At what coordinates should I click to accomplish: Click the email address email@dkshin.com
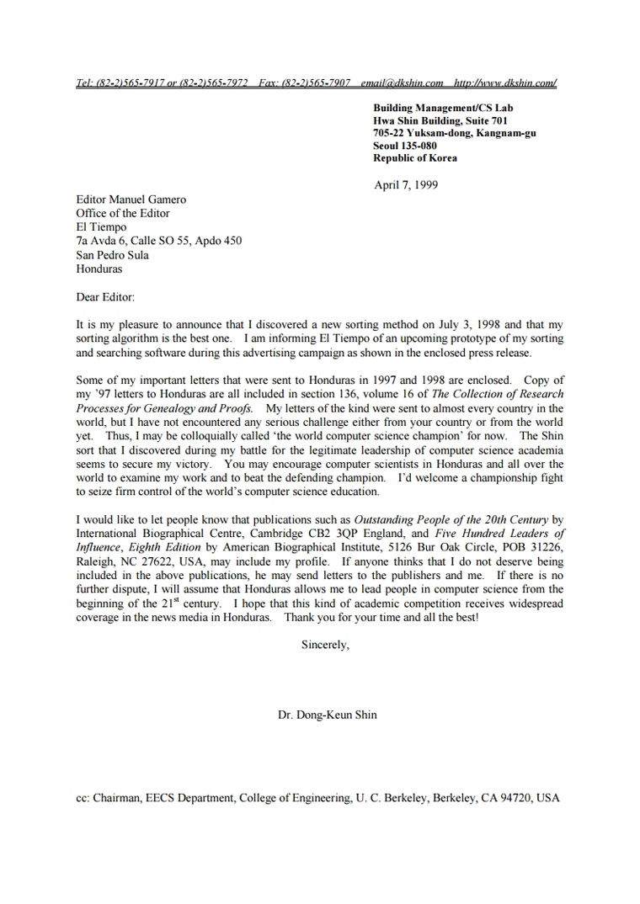pos(402,83)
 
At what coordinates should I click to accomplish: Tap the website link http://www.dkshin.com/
pos(504,83)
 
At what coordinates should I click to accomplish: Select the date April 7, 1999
pos(405,185)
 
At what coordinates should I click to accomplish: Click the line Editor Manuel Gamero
pos(131,199)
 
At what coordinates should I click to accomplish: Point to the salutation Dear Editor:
pos(104,297)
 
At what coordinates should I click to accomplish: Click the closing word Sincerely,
pos(324,646)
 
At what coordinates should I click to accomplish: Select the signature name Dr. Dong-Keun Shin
pos(327,715)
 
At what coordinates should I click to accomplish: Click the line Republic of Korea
pos(415,158)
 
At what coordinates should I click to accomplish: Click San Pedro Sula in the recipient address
pos(112,255)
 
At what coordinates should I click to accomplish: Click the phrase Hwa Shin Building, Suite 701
pos(440,120)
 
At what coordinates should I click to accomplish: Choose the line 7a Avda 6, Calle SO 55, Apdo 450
pos(158,241)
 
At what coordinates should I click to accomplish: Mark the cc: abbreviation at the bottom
pos(83,798)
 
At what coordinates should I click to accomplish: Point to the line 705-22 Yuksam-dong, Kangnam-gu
pos(455,133)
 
